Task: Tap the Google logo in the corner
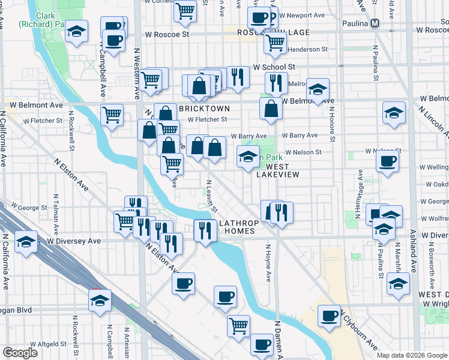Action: (20, 353)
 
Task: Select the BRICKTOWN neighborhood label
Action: (203, 109)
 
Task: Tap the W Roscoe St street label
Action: (169, 34)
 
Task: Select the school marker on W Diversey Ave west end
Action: (26, 242)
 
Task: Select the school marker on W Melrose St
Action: (318, 90)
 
